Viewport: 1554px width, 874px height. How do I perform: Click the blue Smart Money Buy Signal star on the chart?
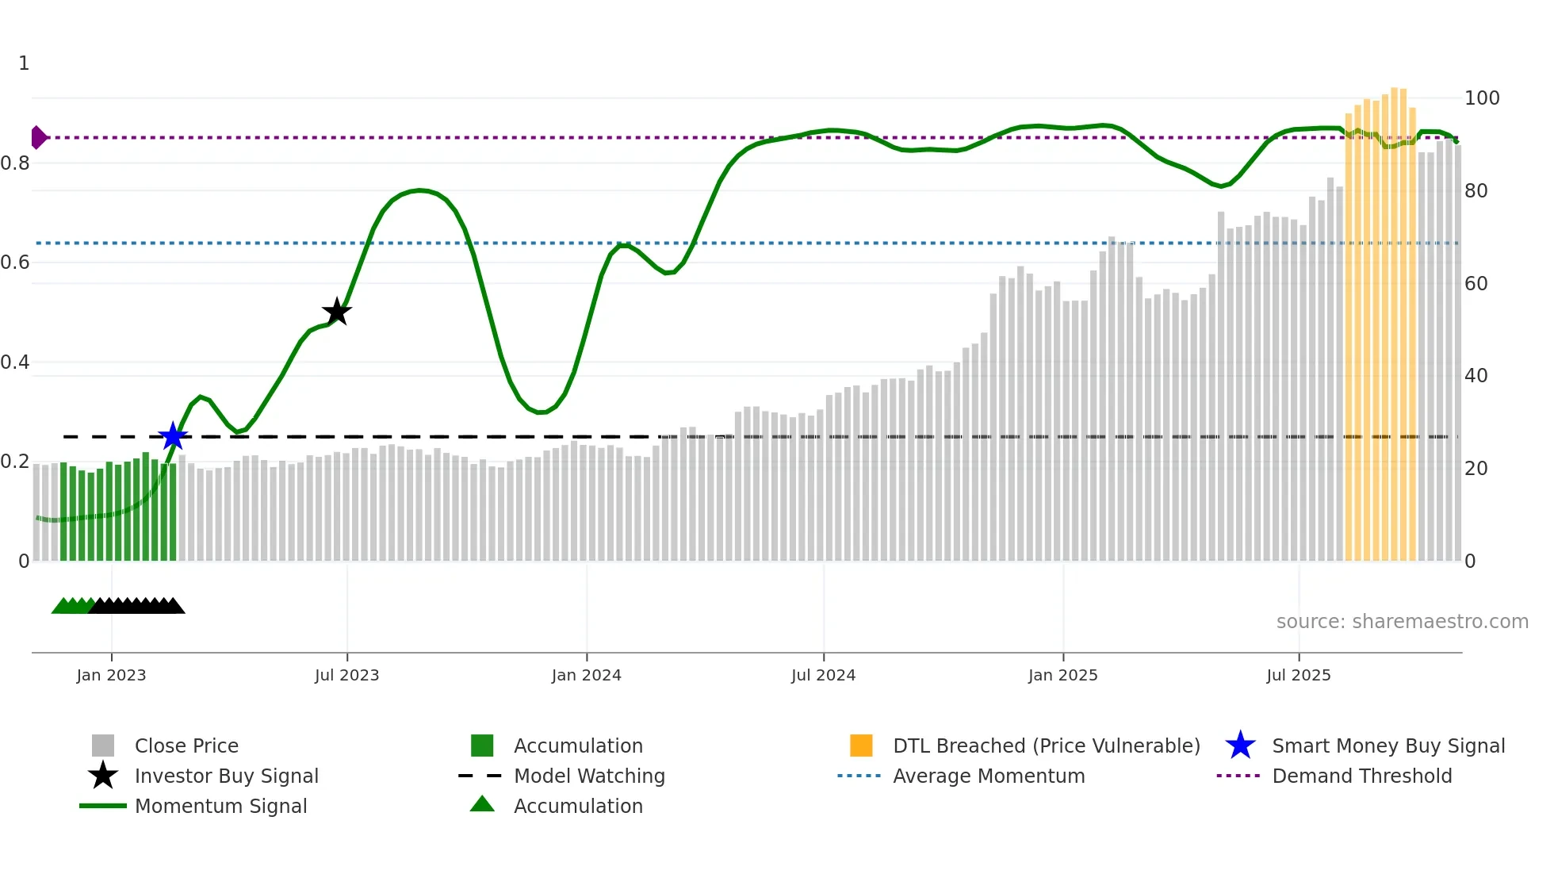pyautogui.click(x=173, y=436)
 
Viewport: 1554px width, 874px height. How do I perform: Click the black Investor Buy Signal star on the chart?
pyautogui.click(x=337, y=312)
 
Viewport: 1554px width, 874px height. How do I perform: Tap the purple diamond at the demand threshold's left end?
pyautogui.click(x=38, y=137)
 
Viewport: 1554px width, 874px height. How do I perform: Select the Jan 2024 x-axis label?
pyautogui.click(x=586, y=675)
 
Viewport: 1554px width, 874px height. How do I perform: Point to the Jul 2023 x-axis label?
pyautogui.click(x=346, y=675)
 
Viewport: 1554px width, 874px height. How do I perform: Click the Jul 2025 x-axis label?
pyautogui.click(x=1298, y=675)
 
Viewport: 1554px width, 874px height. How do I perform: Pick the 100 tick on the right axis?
pyautogui.click(x=1481, y=98)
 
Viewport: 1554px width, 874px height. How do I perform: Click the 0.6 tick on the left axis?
pyautogui.click(x=16, y=263)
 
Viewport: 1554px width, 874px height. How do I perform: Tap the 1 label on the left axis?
pyautogui.click(x=24, y=63)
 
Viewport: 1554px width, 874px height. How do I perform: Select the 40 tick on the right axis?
pyautogui.click(x=1476, y=376)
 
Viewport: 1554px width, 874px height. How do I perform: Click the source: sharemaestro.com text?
pyautogui.click(x=1402, y=621)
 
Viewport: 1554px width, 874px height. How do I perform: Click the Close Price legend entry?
pyautogui.click(x=186, y=746)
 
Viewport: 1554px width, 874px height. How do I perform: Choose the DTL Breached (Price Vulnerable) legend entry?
pyautogui.click(x=1046, y=746)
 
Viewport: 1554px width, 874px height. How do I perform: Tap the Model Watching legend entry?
pyautogui.click(x=589, y=776)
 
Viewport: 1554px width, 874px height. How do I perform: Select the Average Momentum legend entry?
pyautogui.click(x=988, y=776)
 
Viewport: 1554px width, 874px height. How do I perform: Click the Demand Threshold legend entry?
pyautogui.click(x=1361, y=776)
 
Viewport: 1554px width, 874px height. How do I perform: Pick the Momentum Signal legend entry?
pyautogui.click(x=220, y=806)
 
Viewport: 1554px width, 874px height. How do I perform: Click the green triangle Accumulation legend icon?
pyautogui.click(x=482, y=804)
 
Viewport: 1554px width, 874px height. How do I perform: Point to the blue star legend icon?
pyautogui.click(x=1240, y=746)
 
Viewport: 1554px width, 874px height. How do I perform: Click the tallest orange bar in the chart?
pyautogui.click(x=1395, y=317)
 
